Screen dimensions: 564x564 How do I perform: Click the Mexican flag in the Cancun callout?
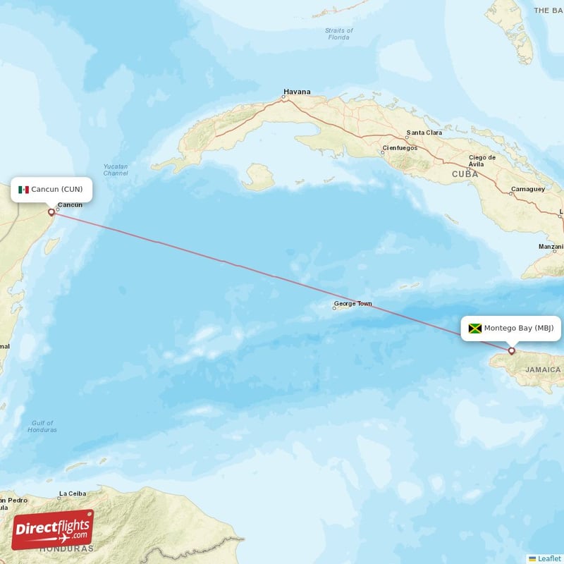coord(23,190)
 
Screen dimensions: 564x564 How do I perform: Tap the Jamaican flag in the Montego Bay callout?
coord(474,329)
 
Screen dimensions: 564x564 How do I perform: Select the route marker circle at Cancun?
coord(51,211)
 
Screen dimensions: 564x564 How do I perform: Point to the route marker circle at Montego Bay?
coord(512,350)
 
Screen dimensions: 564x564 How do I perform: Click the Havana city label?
coord(297,92)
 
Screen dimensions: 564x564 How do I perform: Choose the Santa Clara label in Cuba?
coord(424,133)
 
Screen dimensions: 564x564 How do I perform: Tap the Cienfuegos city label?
coord(400,149)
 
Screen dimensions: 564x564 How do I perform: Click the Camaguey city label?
coord(528,189)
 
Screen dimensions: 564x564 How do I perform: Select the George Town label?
coord(353,305)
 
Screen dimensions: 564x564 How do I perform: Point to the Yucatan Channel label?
coord(116,170)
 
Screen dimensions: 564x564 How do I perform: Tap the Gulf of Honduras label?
coord(43,426)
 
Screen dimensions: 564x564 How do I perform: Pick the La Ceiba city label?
coord(73,493)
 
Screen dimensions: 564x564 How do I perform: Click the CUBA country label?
coord(465,173)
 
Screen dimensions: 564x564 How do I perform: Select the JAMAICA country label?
coord(543,369)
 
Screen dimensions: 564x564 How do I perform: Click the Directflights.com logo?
coord(53,529)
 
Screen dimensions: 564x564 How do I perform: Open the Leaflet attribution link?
coord(549,558)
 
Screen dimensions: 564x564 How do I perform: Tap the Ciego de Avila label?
coord(476,160)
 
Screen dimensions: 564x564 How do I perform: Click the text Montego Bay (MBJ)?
coord(519,329)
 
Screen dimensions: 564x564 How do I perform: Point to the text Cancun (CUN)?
coord(56,190)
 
